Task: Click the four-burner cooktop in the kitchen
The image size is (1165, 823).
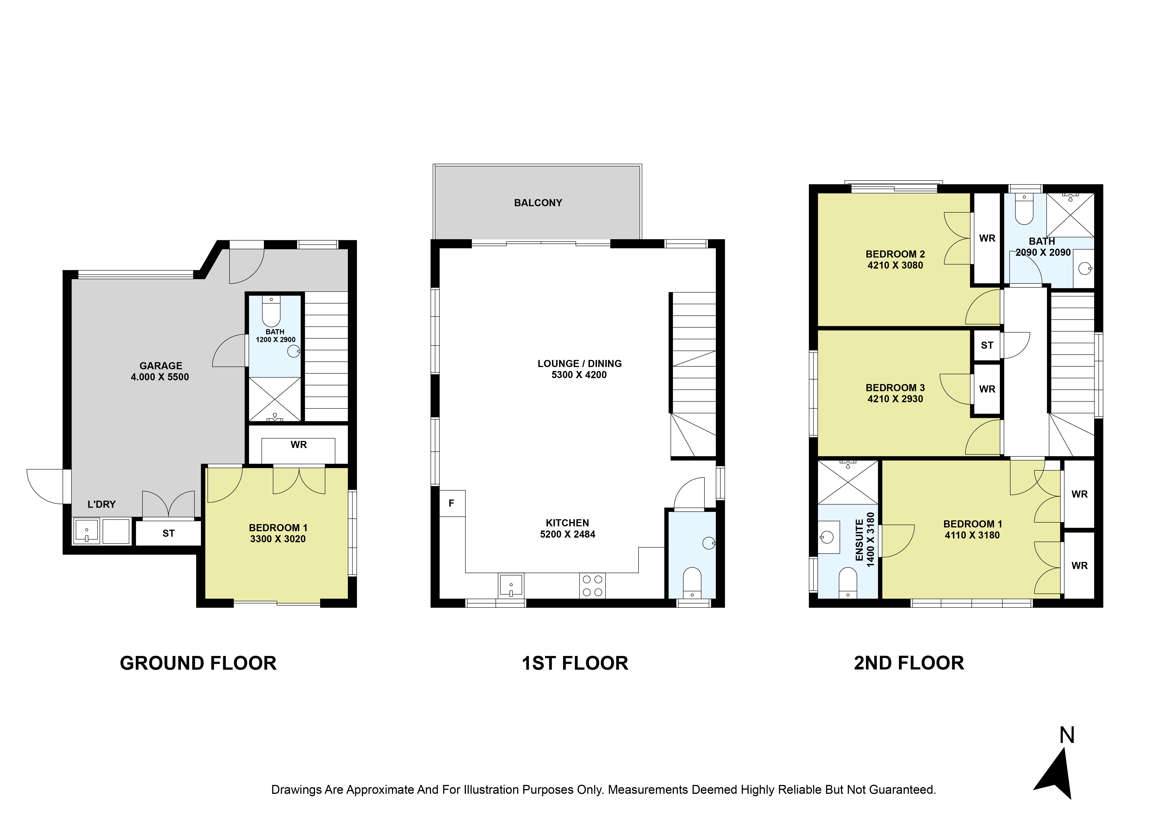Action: pos(592,586)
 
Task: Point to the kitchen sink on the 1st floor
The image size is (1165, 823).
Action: pos(511,586)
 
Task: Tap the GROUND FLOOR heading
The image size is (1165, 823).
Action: pos(198,663)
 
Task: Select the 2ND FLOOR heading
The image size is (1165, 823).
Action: pos(909,663)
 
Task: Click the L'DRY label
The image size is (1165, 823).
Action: pos(101,504)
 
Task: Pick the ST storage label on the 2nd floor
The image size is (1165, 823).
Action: pos(987,345)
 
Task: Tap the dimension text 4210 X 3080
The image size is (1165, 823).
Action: pos(895,265)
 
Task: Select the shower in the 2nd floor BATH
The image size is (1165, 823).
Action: pos(1071,215)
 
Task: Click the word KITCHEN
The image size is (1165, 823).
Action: pos(567,523)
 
